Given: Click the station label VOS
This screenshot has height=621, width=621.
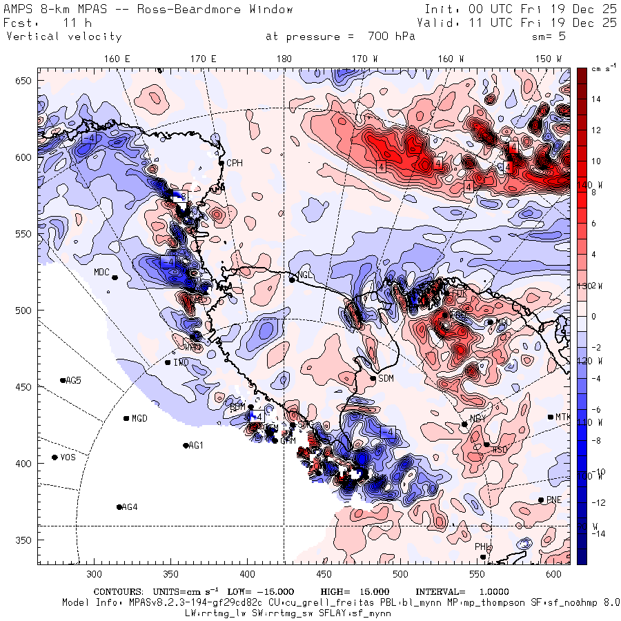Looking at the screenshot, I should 68,457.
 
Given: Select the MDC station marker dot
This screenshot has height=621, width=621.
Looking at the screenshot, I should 115,277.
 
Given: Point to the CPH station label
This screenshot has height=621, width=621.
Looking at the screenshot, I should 235,164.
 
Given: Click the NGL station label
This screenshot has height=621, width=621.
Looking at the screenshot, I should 306,277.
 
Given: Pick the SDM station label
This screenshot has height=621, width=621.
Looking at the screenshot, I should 386,378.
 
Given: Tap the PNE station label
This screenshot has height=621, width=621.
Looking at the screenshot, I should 554,500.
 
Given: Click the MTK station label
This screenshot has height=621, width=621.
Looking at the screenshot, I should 564,417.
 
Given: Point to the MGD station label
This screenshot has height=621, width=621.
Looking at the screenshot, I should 140,419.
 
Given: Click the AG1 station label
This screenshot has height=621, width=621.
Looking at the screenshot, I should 197,446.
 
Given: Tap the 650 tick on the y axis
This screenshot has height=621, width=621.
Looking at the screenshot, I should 25,81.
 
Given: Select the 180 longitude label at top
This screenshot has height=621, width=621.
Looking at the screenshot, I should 284,59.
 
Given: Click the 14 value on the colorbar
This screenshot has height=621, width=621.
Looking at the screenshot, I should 596,99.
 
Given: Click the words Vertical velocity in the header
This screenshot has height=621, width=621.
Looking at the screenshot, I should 63,37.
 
